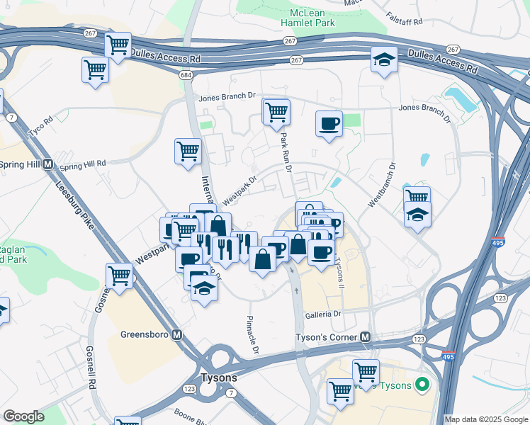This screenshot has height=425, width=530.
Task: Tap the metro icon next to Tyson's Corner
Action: coord(366,336)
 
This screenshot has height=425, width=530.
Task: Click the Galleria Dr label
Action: coord(323,313)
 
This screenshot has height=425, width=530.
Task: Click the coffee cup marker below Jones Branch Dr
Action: coord(329,124)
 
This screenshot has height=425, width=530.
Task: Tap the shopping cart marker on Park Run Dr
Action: coord(276,111)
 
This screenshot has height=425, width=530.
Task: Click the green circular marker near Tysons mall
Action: coord(422,386)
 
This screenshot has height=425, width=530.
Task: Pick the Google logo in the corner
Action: coord(23,416)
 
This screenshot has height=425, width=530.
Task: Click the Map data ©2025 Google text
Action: coord(485,419)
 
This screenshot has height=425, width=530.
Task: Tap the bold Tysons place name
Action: coord(219,378)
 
